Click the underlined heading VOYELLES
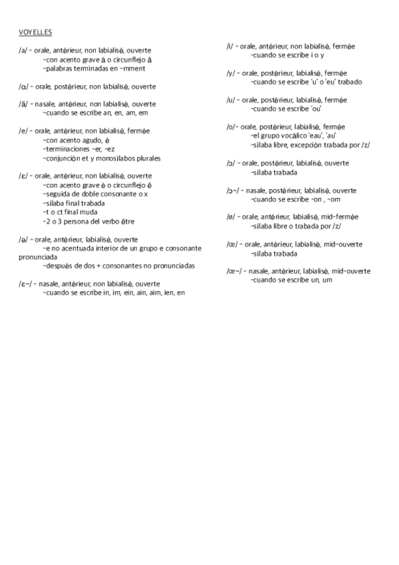point(36,32)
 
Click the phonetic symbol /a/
point(23,50)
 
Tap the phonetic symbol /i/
point(230,46)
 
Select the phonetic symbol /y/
point(230,73)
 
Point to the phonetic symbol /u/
point(230,100)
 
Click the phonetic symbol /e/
point(23,131)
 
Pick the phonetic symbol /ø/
point(230,217)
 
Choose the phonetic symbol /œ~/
point(234,271)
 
